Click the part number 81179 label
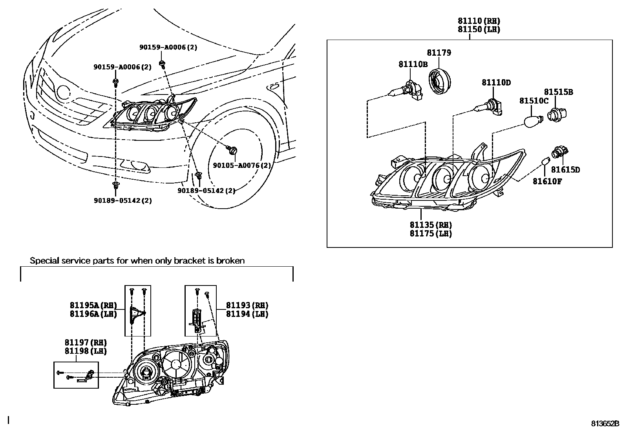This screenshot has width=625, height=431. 439,53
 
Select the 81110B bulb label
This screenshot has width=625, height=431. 413,64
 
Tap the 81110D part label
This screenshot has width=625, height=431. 496,83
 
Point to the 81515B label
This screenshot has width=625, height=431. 558,92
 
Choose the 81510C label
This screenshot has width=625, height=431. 534,101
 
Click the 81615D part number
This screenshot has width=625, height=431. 565,170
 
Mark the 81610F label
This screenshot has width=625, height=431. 547,181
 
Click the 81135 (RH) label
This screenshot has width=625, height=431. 431,225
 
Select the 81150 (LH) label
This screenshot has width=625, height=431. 479,30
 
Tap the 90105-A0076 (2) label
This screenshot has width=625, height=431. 242,165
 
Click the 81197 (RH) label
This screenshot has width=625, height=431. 86,343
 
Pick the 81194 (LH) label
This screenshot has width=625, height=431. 247,314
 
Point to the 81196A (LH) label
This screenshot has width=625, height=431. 93,314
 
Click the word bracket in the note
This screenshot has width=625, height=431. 188,260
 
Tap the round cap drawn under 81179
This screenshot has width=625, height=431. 439,81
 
